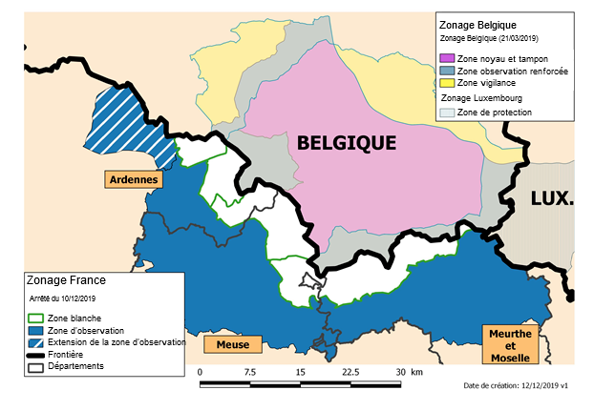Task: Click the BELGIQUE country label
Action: tap(346, 143)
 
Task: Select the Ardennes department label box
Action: tap(134, 178)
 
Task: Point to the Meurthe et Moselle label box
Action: tap(509, 344)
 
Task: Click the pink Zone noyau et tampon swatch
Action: tap(446, 59)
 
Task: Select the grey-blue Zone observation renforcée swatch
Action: tap(446, 72)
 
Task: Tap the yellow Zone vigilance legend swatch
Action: tap(446, 84)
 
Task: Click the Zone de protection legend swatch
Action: tap(446, 113)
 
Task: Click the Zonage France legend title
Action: tap(67, 281)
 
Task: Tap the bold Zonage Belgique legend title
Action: tap(477, 24)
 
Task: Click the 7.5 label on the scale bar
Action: tap(249, 371)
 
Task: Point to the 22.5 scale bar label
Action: tap(350, 371)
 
